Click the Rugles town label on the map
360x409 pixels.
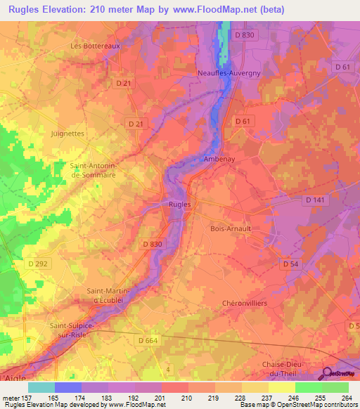tap(179, 204)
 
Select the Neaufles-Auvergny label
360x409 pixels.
tap(229, 72)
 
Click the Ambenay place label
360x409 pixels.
tap(218, 160)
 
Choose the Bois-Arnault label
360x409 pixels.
tap(231, 228)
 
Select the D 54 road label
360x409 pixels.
tap(291, 263)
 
